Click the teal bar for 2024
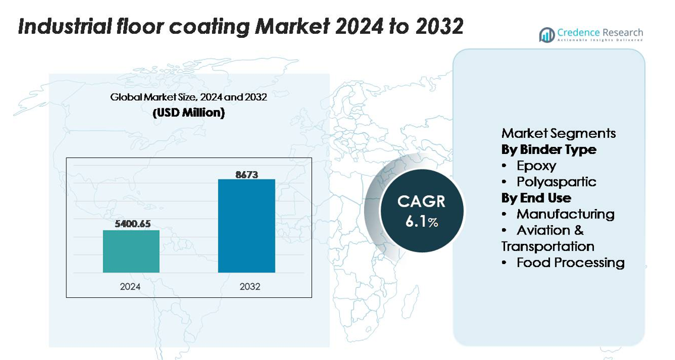pyautogui.click(x=131, y=251)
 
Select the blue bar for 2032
pyautogui.click(x=246, y=226)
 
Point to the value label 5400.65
pyautogui.click(x=131, y=224)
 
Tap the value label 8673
pyautogui.click(x=246, y=174)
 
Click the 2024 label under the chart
pyautogui.click(x=130, y=287)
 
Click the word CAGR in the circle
pyautogui.click(x=421, y=201)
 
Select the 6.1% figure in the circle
pyautogui.click(x=422, y=222)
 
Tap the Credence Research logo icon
pyautogui.click(x=547, y=35)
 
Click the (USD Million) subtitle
pyautogui.click(x=189, y=112)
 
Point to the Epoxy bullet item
pyautogui.click(x=536, y=166)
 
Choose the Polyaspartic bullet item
pyautogui.click(x=556, y=182)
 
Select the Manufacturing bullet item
pyautogui.click(x=565, y=214)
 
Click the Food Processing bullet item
pyautogui.click(x=570, y=262)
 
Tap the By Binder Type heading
pyautogui.click(x=549, y=149)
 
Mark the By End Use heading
pyautogui.click(x=536, y=198)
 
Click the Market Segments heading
pyautogui.click(x=558, y=133)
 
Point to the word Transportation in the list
pyautogui.click(x=548, y=246)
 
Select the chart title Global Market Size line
pyautogui.click(x=188, y=97)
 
